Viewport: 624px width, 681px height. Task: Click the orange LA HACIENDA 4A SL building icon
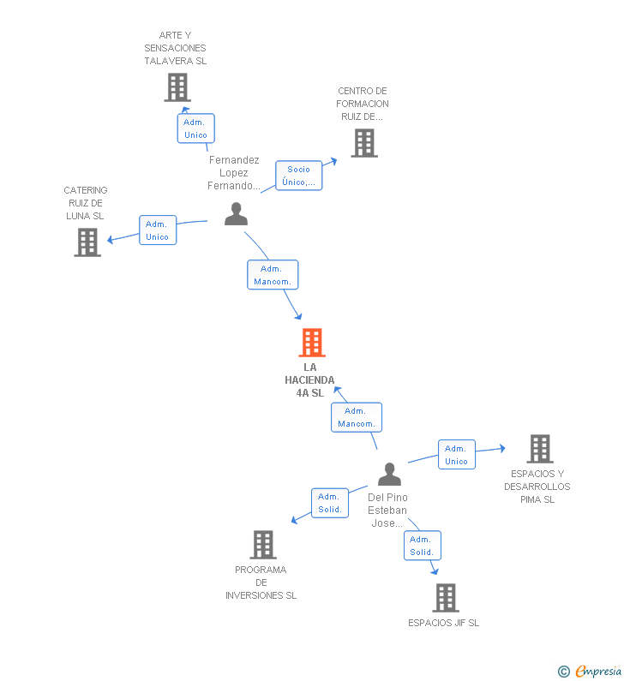312,343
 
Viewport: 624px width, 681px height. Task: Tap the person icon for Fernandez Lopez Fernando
236,213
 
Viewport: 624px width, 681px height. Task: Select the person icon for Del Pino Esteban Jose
389,474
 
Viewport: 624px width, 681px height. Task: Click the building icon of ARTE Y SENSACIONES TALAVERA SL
177,87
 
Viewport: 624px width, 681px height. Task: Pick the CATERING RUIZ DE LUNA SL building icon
87,242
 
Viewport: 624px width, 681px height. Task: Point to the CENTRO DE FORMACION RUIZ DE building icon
364,143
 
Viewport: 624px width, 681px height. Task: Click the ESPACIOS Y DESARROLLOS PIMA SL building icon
540,449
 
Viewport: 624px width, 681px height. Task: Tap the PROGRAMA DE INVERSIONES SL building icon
263,545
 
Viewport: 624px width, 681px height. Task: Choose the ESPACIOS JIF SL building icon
446,598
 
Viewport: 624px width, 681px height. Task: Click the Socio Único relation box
299,176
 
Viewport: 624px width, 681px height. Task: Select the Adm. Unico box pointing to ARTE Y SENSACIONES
196,128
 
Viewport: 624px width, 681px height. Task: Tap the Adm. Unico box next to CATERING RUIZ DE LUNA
158,230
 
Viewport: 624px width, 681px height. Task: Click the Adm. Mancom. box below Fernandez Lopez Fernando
273,275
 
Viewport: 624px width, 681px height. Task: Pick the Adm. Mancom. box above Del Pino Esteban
357,417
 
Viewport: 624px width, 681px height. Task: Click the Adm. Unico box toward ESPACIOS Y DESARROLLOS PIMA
457,455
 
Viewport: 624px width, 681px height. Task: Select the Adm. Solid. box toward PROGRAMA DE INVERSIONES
330,503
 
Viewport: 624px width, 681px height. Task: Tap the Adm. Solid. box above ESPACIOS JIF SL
423,546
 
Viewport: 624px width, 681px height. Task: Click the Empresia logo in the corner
590,672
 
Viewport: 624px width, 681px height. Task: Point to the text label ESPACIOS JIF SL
444,623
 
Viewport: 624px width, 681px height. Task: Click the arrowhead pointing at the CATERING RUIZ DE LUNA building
111,239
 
